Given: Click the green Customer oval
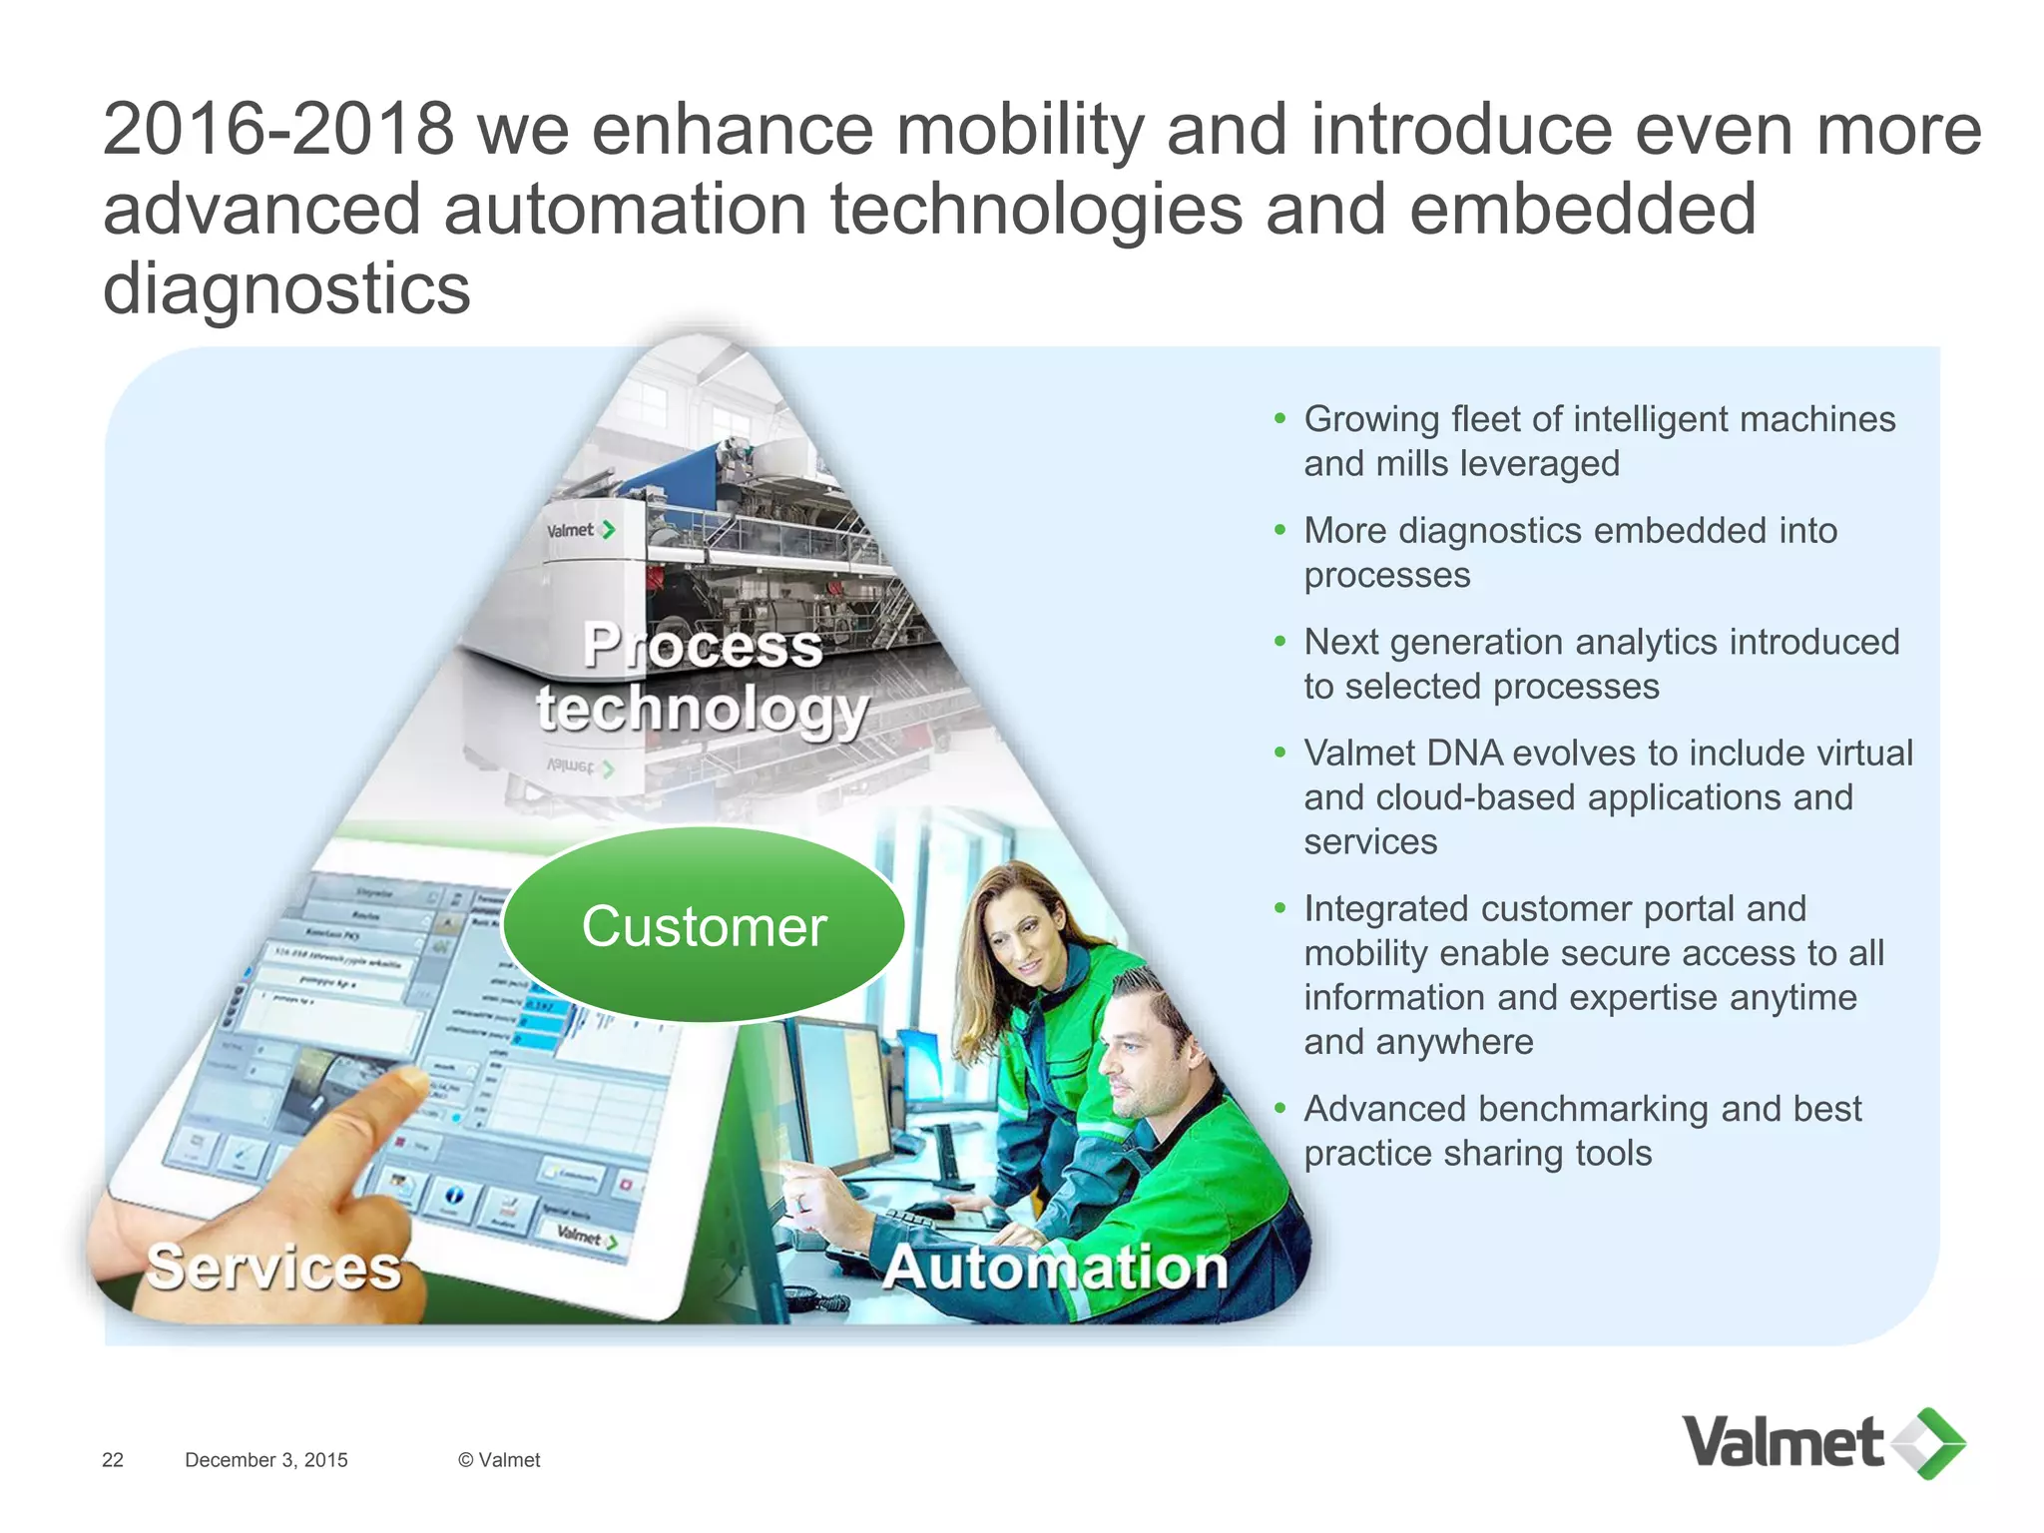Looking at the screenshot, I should tap(704, 925).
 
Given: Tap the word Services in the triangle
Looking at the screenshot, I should tap(273, 1268).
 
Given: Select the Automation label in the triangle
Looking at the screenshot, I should tap(1055, 1268).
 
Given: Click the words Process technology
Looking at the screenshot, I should tap(703, 679).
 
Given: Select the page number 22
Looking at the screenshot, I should tap(113, 1460).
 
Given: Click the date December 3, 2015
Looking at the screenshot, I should tap(266, 1460).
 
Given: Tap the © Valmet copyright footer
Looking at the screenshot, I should tap(499, 1460).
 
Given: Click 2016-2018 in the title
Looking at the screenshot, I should tap(278, 130).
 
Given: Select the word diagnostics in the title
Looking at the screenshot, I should tap(286, 289).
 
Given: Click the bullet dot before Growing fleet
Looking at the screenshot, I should tap(1280, 419).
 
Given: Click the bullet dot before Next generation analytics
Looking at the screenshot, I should tap(1280, 642).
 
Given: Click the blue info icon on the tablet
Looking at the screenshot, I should tap(454, 1195).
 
